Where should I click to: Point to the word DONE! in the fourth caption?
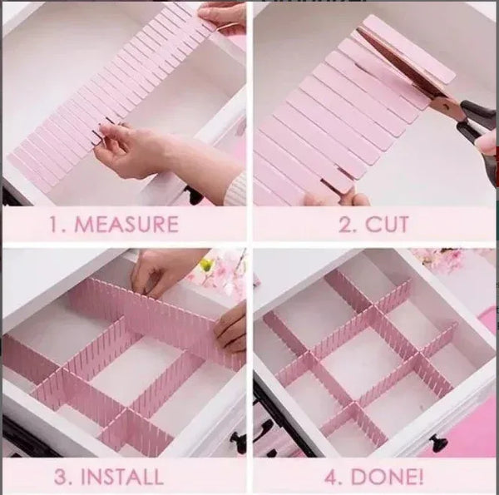(x=385, y=477)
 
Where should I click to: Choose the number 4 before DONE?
(x=330, y=477)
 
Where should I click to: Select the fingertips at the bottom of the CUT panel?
(x=337, y=198)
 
